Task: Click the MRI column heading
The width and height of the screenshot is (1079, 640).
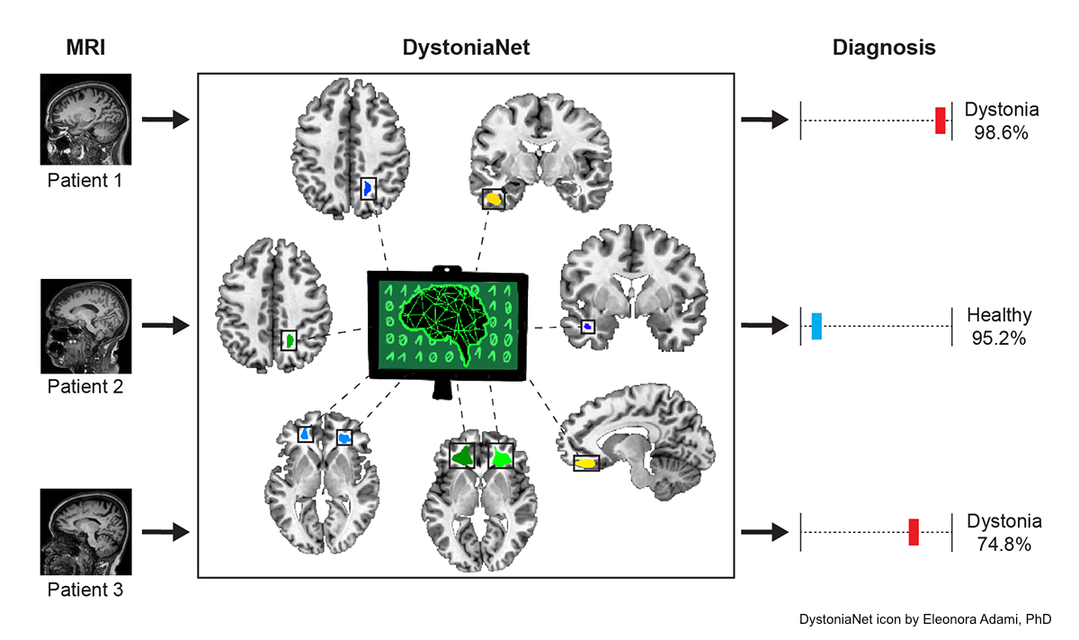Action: point(85,49)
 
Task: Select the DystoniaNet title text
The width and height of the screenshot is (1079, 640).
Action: point(465,49)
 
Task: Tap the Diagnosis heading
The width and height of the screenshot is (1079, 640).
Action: point(884,49)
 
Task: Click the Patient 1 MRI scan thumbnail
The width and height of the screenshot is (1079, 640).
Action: point(86,119)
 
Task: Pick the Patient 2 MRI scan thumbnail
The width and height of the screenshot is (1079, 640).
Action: point(86,326)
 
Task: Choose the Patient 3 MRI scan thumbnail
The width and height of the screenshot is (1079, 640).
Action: point(86,531)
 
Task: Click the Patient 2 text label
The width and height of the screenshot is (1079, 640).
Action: point(85,387)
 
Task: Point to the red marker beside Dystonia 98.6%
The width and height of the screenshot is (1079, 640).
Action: point(941,121)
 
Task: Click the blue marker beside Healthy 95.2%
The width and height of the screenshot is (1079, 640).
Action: point(816,326)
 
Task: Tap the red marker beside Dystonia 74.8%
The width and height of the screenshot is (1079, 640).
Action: point(913,532)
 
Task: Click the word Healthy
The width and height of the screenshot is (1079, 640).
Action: point(999,315)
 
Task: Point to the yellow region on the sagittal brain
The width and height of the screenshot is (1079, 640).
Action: point(587,463)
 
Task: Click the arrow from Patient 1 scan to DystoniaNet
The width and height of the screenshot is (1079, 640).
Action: point(165,119)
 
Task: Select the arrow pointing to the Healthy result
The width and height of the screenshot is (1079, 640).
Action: point(763,326)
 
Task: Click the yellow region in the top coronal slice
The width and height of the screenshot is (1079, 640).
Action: point(493,198)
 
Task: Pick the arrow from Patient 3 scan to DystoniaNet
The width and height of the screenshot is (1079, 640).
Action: point(165,532)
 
